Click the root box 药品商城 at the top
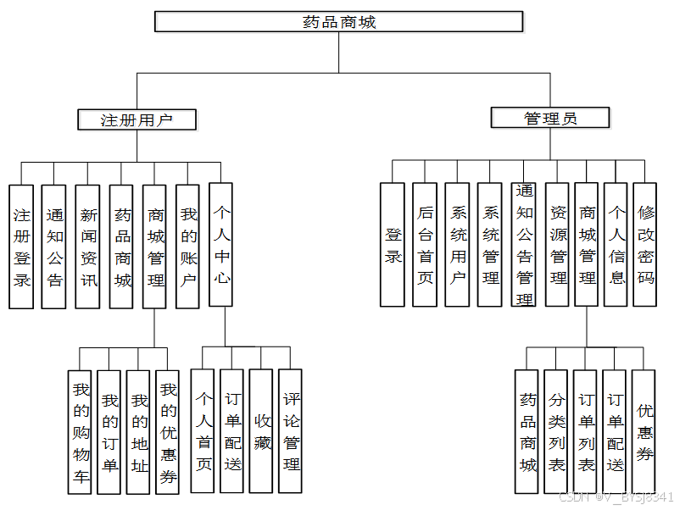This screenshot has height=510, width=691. point(338,21)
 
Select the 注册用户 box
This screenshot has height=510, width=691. point(137,119)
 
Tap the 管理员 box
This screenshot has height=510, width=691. point(550,118)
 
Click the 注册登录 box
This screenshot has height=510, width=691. point(22,247)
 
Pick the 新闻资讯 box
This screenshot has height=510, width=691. point(88,247)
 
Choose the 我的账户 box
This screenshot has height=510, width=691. point(188,247)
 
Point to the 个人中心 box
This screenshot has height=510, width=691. point(221,244)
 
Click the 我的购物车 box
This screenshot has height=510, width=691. point(80,432)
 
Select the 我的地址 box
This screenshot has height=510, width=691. point(138,432)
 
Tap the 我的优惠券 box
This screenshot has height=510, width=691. point(168,432)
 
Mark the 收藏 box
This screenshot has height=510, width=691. point(261,431)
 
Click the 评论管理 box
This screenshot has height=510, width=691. point(291,431)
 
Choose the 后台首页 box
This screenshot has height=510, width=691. point(425,245)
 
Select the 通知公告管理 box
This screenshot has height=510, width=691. point(525,245)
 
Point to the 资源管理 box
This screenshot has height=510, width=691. point(558,245)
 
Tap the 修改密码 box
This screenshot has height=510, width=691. point(645,245)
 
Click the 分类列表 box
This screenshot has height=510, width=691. point(556,432)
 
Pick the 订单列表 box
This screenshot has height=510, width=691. point(585,432)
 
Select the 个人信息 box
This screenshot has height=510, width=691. point(616,245)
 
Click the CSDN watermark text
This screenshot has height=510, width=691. point(616,497)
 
